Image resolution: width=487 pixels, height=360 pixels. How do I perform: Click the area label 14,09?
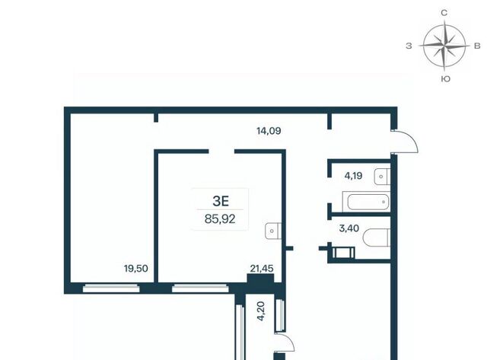pyautogui.click(x=269, y=131)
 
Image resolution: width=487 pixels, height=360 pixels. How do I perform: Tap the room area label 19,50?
pyautogui.click(x=136, y=269)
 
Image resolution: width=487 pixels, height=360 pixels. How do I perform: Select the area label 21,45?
pyautogui.click(x=262, y=269)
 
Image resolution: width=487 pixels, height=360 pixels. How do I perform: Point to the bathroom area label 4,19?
pyautogui.click(x=353, y=176)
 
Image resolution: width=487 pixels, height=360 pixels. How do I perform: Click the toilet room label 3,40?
pyautogui.click(x=349, y=228)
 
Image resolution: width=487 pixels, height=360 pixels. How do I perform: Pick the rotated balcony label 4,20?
pyautogui.click(x=261, y=311)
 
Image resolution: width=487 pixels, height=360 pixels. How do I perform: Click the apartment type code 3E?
pyautogui.click(x=221, y=201)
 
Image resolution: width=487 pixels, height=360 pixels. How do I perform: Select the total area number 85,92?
pyautogui.click(x=220, y=219)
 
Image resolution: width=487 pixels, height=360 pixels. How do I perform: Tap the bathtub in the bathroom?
pyautogui.click(x=368, y=202)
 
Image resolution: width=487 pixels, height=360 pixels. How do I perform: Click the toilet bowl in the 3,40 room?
pyautogui.click(x=377, y=237)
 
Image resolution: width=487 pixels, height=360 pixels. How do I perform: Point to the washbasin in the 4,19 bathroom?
pyautogui.click(x=382, y=177)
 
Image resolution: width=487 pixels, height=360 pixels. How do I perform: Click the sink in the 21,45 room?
pyautogui.click(x=273, y=231)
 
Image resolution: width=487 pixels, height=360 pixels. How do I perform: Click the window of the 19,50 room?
pyautogui.click(x=111, y=288)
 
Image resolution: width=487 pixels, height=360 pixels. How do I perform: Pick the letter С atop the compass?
pyautogui.click(x=444, y=13)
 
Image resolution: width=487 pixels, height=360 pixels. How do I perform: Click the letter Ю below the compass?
pyautogui.click(x=445, y=79)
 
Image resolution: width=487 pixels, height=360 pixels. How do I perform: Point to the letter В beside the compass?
pyautogui.click(x=477, y=46)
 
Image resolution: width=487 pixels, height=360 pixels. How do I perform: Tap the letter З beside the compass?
pyautogui.click(x=409, y=46)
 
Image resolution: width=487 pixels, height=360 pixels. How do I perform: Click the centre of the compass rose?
pyautogui.click(x=444, y=46)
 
